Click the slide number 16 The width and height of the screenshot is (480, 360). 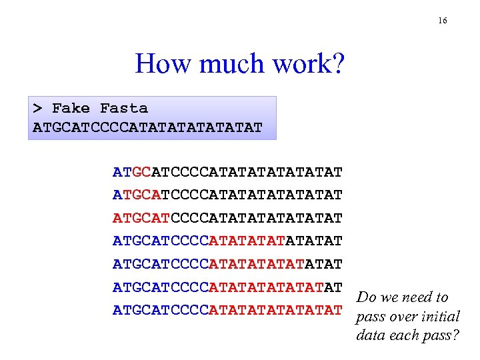(443, 21)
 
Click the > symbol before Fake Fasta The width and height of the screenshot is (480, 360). (38, 108)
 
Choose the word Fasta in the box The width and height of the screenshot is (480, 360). (123, 108)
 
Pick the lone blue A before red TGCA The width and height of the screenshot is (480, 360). (117, 195)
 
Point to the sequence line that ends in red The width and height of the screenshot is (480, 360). (227, 309)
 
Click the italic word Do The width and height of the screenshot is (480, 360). (367, 297)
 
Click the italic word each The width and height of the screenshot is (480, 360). (403, 335)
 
